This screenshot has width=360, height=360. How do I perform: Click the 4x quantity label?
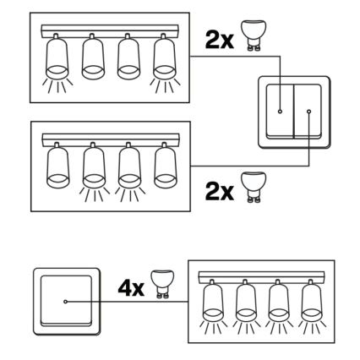(x=131, y=288)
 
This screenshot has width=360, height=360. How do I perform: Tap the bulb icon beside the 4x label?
(x=161, y=284)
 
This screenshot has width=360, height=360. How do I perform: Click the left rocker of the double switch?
(x=280, y=112)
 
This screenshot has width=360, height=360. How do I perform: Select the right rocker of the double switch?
(x=308, y=112)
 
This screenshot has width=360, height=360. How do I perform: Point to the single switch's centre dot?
(x=66, y=302)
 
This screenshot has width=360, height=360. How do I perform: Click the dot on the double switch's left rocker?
(x=280, y=112)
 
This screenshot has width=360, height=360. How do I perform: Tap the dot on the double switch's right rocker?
(x=309, y=112)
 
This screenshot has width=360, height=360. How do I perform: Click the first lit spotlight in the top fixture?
(x=57, y=57)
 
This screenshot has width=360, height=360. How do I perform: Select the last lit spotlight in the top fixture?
(x=165, y=57)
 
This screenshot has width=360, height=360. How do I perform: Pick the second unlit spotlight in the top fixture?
(x=128, y=57)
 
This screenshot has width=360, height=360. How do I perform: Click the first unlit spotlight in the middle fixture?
(x=58, y=166)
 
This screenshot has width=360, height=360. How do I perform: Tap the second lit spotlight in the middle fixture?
(x=129, y=166)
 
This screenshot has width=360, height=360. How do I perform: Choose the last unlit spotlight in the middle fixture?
(x=166, y=166)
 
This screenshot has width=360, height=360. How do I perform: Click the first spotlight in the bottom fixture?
(x=213, y=301)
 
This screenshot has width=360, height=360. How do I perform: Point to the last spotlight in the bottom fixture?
(x=311, y=301)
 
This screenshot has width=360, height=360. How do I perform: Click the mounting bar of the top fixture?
(x=110, y=31)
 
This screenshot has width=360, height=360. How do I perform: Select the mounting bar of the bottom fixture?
(x=261, y=278)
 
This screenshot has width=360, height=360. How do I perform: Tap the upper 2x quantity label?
(x=219, y=40)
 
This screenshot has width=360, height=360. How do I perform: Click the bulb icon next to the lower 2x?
(x=254, y=187)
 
